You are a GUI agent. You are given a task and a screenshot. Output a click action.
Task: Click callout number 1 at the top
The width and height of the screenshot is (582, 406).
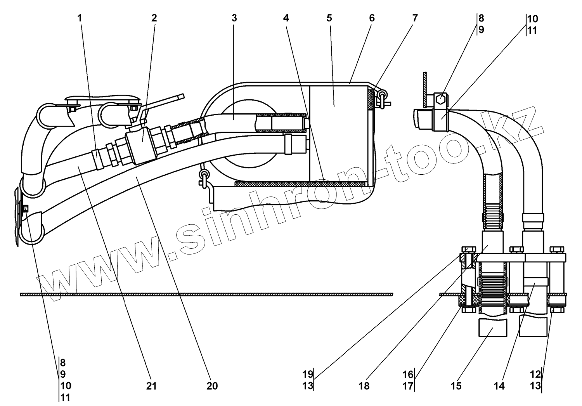coord(80,18)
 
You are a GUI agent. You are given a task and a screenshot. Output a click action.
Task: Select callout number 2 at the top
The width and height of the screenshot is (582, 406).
coord(154,18)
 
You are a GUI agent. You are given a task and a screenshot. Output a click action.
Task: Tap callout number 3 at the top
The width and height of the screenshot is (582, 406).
coord(234,18)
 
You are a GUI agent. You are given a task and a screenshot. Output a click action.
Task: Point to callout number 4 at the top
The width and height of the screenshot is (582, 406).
coord(286,18)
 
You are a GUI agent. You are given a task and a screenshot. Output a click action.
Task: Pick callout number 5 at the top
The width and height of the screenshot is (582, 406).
coord(329,18)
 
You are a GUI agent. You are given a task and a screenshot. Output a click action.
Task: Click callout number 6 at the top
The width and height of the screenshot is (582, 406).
coord(372,18)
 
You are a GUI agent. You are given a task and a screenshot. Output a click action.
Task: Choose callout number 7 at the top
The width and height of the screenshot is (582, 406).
coord(415,18)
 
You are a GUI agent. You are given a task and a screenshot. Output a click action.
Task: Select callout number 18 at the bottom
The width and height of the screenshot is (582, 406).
coord(364,386)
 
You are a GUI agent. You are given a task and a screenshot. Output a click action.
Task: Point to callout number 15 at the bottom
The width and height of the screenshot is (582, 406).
coord(456,386)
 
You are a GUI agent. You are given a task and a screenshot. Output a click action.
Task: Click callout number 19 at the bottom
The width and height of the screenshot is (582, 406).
coord(308,375)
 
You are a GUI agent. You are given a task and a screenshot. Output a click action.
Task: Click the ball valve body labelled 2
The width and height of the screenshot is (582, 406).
coord(140,144)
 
